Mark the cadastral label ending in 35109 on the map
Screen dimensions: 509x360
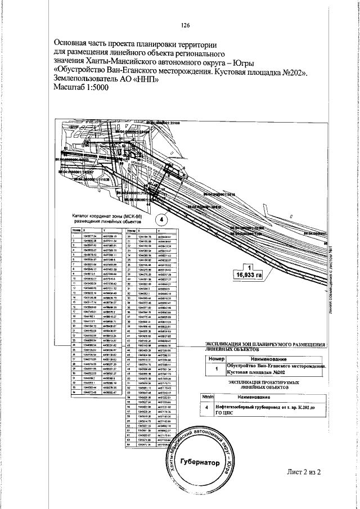point(166,121)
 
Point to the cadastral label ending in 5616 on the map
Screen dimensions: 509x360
point(219,193)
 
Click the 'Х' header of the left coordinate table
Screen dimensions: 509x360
point(84,231)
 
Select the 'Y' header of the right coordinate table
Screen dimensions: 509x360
point(159,231)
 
